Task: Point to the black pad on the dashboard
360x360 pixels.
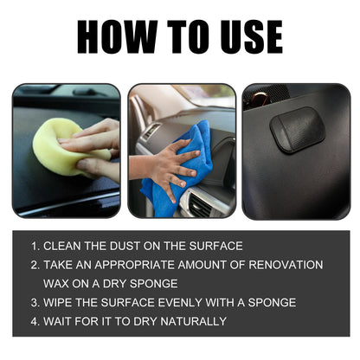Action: click(x=297, y=130)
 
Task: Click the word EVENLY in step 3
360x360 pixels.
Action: click(x=172, y=302)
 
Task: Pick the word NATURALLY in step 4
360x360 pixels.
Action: click(x=190, y=321)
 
